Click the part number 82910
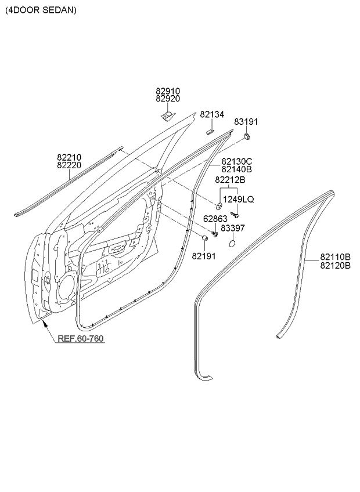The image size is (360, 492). click(168, 91)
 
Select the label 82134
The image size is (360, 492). click(212, 114)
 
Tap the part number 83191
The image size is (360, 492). click(246, 122)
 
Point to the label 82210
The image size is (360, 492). click(69, 157)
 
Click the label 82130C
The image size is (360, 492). click(237, 162)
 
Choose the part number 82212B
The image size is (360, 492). click(231, 180)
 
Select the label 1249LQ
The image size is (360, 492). click(239, 199)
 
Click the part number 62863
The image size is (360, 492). click(215, 219)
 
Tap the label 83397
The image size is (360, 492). click(233, 228)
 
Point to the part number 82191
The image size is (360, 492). click(204, 256)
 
